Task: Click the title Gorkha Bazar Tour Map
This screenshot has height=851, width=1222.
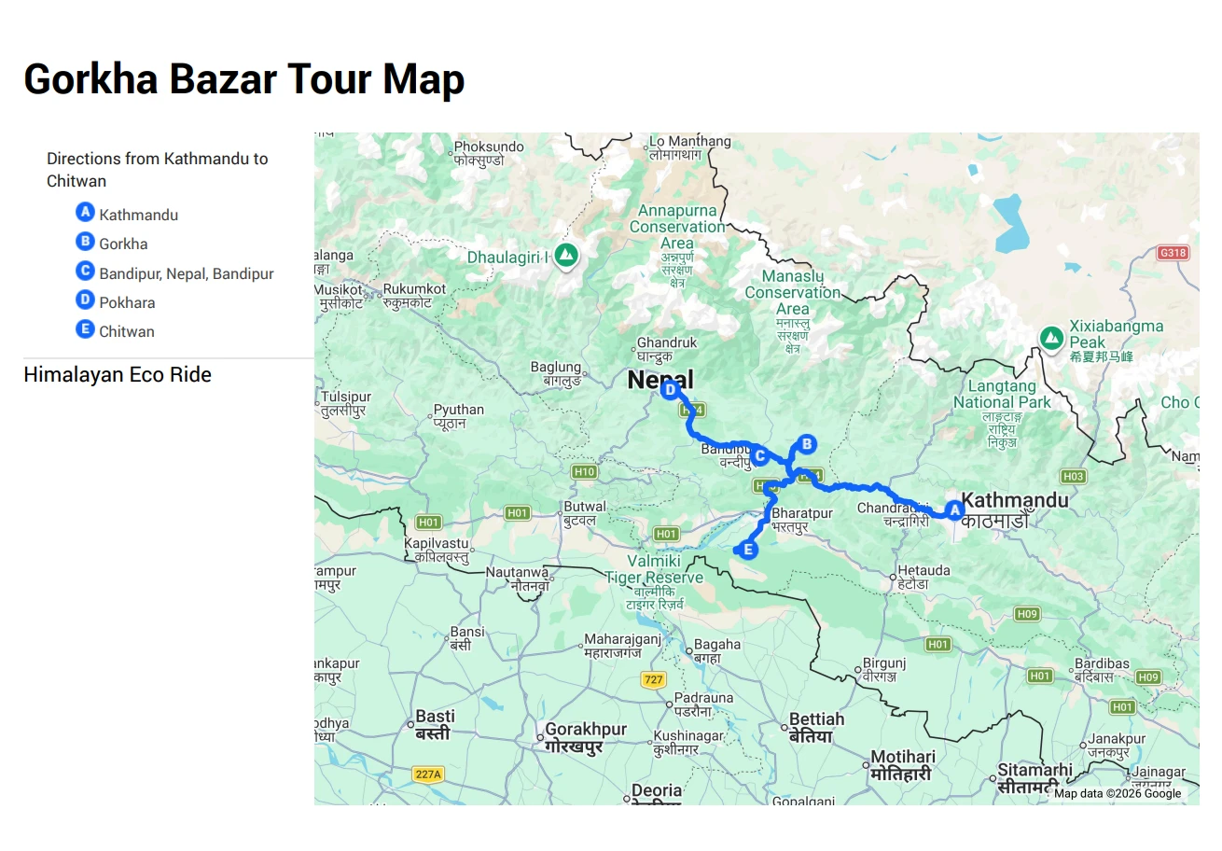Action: pos(243,79)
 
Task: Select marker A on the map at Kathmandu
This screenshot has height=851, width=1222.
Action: pos(953,509)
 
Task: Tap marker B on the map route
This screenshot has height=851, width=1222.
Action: pos(807,444)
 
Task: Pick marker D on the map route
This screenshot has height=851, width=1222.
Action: pos(669,390)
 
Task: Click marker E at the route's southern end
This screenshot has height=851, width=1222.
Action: pos(748,550)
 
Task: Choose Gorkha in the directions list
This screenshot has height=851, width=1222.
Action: pos(123,244)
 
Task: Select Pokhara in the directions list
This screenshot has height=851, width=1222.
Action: pos(127,302)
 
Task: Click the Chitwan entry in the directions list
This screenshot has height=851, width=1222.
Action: pos(127,331)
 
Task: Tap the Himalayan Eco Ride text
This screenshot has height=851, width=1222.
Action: pos(118,374)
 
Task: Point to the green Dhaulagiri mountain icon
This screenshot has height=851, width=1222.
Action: pos(564,255)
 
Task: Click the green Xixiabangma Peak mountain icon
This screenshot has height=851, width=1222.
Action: pos(1052,337)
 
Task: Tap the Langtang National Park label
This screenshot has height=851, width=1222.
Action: pos(1002,395)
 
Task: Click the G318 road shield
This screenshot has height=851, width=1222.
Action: pos(1173,253)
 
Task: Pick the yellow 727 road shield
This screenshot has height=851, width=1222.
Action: pos(653,680)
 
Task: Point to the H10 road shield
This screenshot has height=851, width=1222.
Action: pos(584,471)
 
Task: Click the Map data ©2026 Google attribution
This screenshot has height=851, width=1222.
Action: pos(1118,794)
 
